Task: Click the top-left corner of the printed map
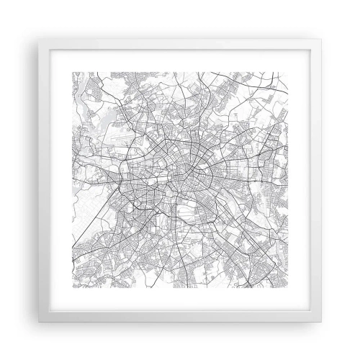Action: [x=70, y=70]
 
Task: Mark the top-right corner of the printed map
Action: [x=290, y=70]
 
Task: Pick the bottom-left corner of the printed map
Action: [x=70, y=289]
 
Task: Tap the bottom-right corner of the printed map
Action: [x=290, y=289]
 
